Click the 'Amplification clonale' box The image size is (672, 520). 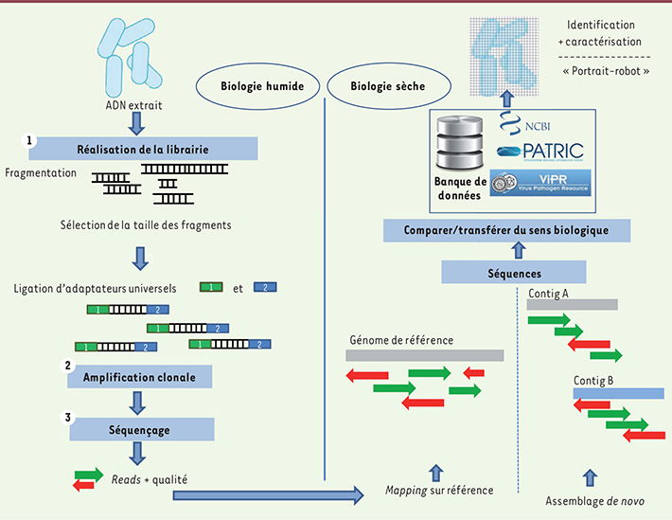pos(139,376)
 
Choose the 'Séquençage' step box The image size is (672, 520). pos(139,429)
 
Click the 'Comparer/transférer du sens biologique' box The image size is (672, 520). pos(506,230)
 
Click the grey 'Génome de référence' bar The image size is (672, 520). pos(424,354)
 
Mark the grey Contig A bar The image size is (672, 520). pos(572,305)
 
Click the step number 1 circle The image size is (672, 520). pos(31,139)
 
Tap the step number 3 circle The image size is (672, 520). pos(67,418)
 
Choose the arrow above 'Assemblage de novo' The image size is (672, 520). pos(590,475)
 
